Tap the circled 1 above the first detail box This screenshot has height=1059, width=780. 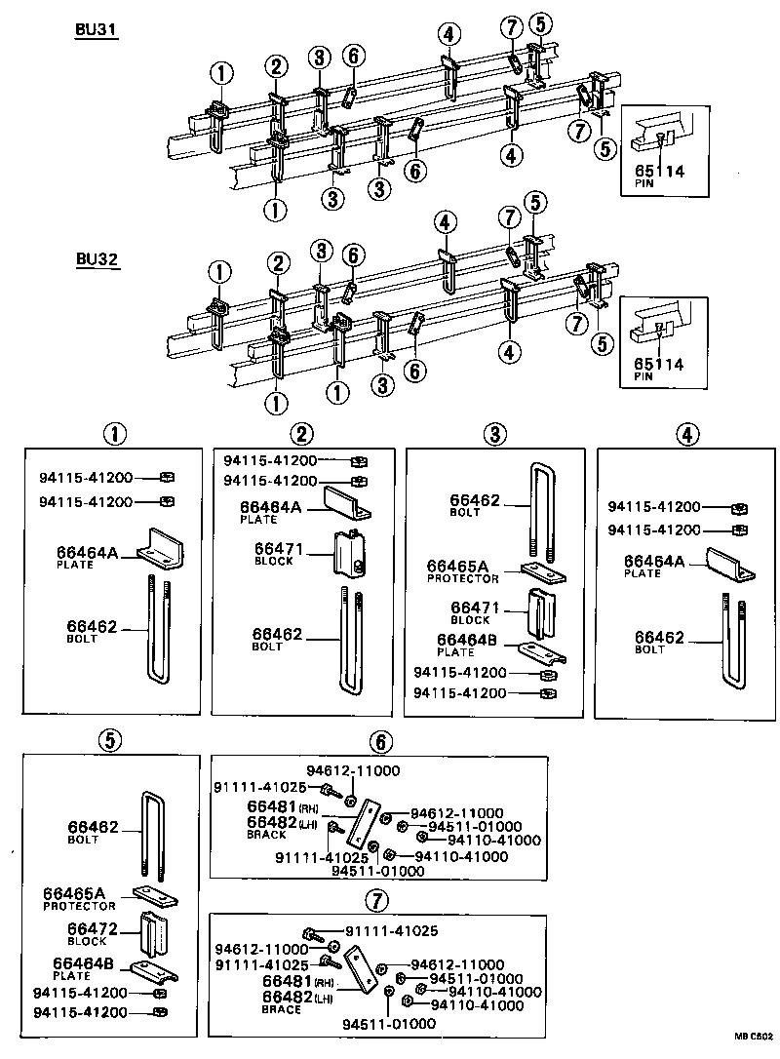117,433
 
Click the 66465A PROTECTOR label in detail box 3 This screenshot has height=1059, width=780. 463,570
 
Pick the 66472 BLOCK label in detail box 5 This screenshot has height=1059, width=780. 93,934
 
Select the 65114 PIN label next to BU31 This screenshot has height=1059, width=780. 658,176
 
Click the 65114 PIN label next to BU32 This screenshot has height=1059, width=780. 658,369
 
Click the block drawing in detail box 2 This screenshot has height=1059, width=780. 351,554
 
